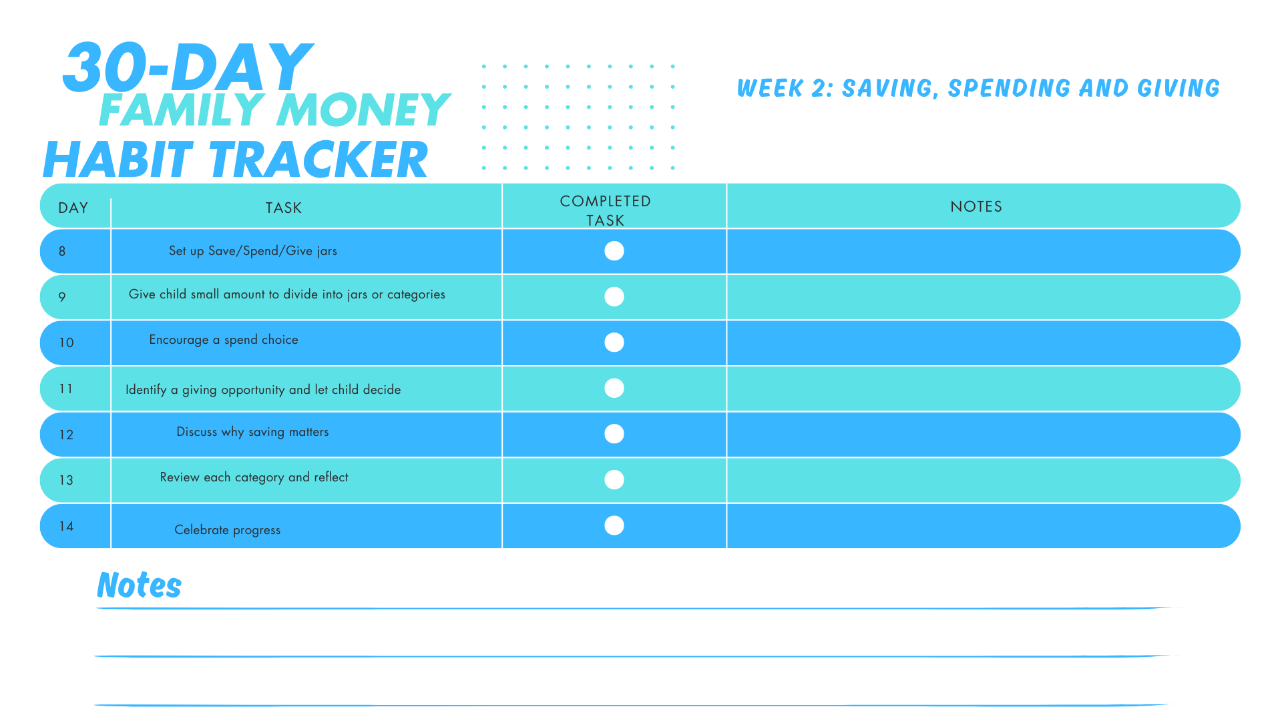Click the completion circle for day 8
pos(614,251)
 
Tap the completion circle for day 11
pos(614,388)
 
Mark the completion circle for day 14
pos(614,525)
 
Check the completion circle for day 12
pos(614,434)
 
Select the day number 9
pos(62,297)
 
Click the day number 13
pos(66,480)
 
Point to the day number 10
pos(66,343)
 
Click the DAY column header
pos(73,208)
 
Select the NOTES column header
pos(976,207)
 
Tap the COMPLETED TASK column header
pos(605,210)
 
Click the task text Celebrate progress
pos(227,530)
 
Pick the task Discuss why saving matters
pos(252,432)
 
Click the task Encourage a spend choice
pos(224,340)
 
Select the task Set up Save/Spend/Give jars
pos(252,251)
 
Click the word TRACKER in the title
pos(319,160)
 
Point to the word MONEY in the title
pos(363,110)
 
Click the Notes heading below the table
pos(139,585)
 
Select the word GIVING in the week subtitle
pos(1179,88)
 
